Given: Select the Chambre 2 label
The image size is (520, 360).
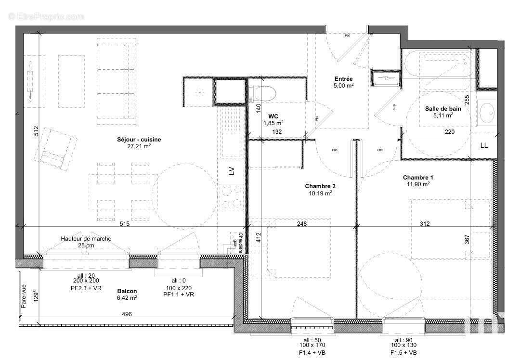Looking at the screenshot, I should pos(320,186).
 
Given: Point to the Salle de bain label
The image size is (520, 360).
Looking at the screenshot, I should pos(442,109).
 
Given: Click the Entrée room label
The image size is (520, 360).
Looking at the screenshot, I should pos(344,79).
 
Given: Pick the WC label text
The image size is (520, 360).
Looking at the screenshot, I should pos(273,116).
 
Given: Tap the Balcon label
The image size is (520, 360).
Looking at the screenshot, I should pos(127,291).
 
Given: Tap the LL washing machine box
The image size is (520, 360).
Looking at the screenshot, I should pos(484,145).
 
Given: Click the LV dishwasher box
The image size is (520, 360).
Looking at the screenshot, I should pos(231,171).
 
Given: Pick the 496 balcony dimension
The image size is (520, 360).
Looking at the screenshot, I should pos(127,314).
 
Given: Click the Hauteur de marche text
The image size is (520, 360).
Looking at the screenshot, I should pos(86,239).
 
